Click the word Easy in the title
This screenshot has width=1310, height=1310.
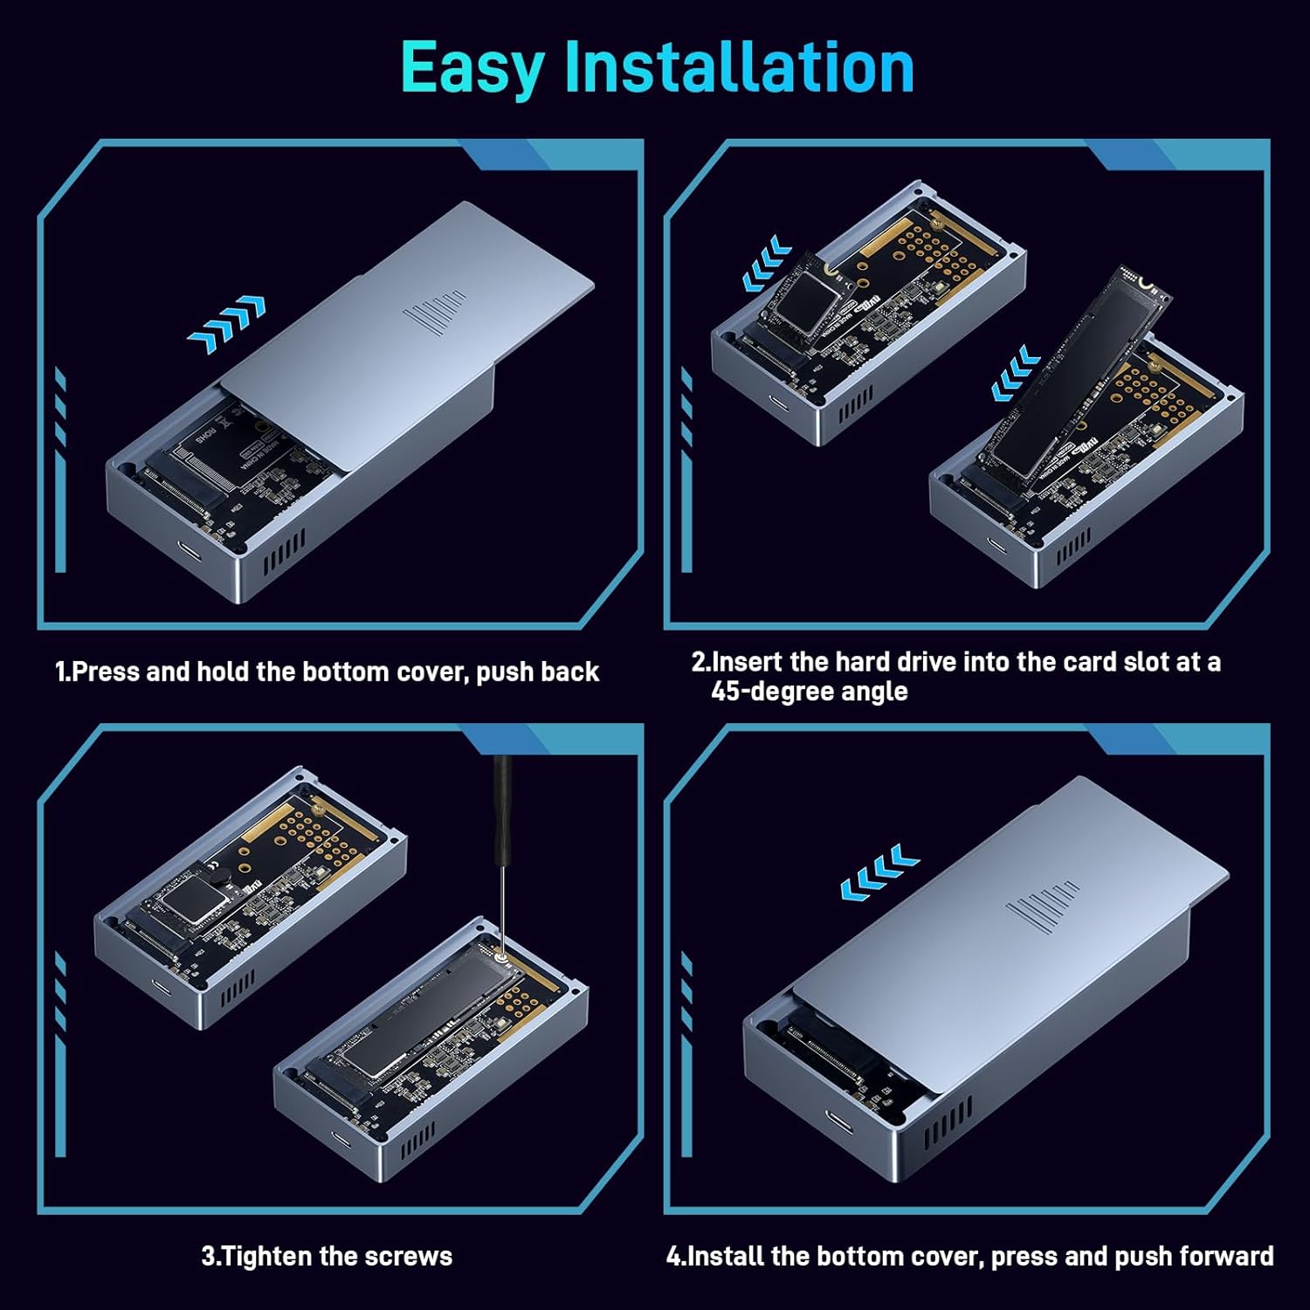(x=472, y=68)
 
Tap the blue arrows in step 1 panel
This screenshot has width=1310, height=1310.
(x=227, y=324)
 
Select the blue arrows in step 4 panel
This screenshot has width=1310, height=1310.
(x=879, y=872)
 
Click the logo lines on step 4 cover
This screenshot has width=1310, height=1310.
(x=1042, y=906)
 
